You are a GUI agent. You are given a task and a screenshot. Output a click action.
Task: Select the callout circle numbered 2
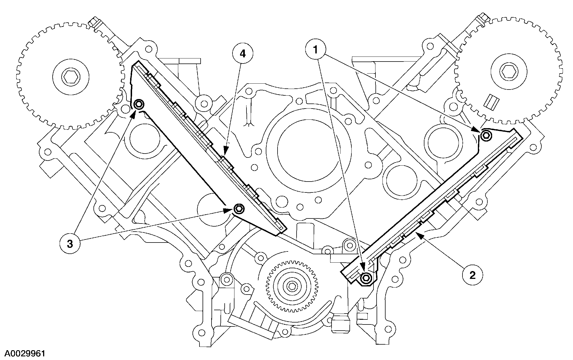coord(473,276)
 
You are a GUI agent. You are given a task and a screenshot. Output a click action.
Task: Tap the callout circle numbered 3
coord(70,244)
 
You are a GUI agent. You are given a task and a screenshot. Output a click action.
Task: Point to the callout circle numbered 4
coord(243,54)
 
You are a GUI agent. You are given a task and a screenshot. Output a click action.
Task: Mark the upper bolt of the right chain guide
coord(486,135)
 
